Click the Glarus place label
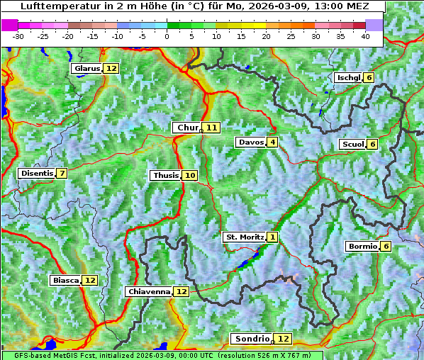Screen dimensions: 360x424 tap(87, 68)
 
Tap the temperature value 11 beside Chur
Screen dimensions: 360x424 tap(212, 128)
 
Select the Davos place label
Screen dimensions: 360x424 tap(250, 142)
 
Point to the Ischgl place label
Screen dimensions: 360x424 tap(348, 77)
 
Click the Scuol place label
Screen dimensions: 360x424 tap(352, 144)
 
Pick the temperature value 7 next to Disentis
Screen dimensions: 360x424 tap(62, 173)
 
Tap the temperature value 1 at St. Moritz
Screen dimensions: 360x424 tap(273, 237)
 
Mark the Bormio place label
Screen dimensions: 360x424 tap(362, 247)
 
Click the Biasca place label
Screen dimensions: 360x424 tap(66, 280)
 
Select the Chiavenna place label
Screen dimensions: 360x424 tap(149, 291)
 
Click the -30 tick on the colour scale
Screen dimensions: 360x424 tap(18, 35)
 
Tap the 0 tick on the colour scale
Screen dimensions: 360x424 tap(167, 35)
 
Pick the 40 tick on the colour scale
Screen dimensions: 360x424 tap(365, 35)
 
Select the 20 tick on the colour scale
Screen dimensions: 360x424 tap(266, 35)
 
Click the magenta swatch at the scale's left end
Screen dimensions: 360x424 tap(10, 25)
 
